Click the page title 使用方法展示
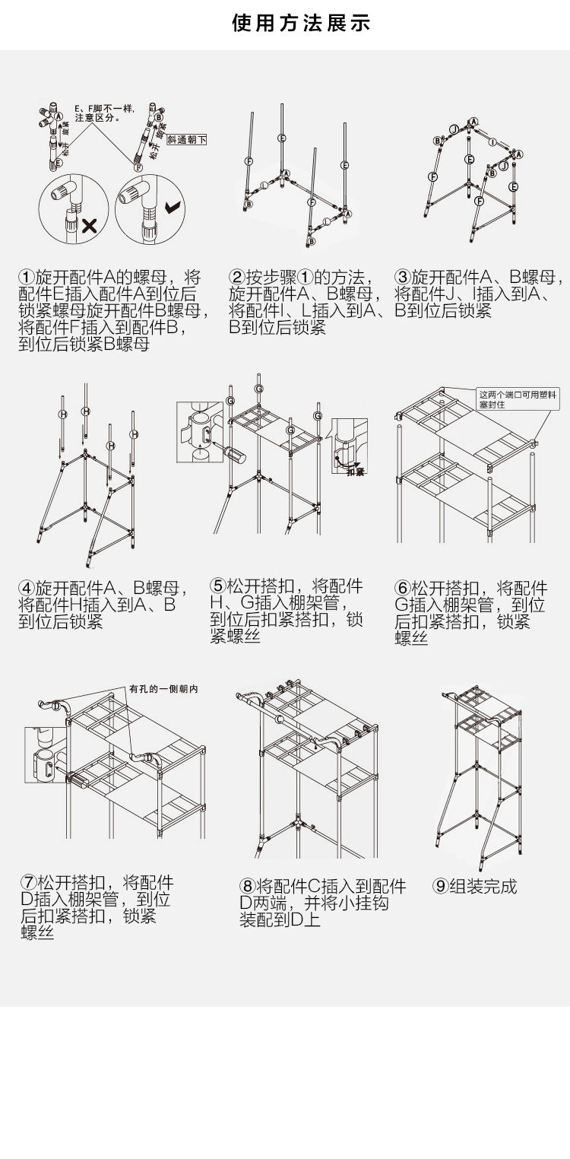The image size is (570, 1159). pyautogui.click(x=301, y=24)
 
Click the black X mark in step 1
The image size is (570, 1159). pyautogui.click(x=89, y=224)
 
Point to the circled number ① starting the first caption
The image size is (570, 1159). pyautogui.click(x=27, y=277)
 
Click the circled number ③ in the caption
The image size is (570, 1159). pyautogui.click(x=403, y=277)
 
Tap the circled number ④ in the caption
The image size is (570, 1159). pyautogui.click(x=27, y=588)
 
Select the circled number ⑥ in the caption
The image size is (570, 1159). pyautogui.click(x=403, y=588)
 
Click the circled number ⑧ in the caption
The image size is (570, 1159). pyautogui.click(x=247, y=886)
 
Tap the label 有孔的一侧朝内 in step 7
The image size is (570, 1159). pyautogui.click(x=163, y=689)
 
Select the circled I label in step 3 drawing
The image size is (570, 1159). pyautogui.click(x=492, y=142)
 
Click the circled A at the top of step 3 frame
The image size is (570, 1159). pyautogui.click(x=473, y=122)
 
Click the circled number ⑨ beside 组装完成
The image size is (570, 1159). pyautogui.click(x=440, y=886)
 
